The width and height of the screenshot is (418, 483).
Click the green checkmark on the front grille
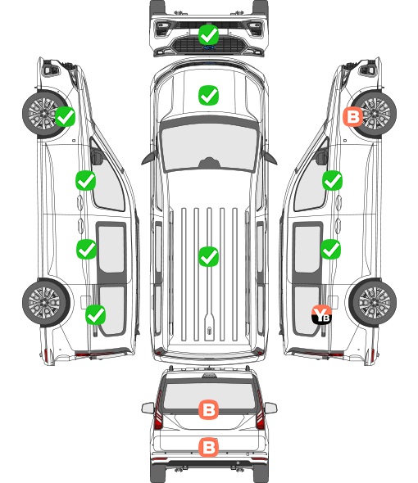point(209,35)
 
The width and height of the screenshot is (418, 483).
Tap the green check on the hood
point(208,95)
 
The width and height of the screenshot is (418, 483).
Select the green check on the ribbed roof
point(208,256)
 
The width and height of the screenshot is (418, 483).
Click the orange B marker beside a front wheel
point(353,117)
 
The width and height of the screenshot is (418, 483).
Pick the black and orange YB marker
point(321,314)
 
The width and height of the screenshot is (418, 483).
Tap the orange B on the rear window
point(208,409)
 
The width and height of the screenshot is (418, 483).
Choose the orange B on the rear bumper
point(208,447)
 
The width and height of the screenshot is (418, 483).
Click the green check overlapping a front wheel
point(65,116)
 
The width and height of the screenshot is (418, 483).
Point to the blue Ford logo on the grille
point(209,47)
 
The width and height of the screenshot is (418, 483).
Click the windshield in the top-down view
point(209,147)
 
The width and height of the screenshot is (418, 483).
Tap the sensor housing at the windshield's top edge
point(210,163)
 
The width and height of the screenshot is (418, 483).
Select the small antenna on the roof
point(209,330)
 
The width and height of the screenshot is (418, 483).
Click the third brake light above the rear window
point(209,375)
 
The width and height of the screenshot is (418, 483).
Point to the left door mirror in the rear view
point(148,408)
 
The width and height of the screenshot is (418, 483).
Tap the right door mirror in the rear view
point(270,408)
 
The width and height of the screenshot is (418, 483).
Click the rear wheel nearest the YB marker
point(373,303)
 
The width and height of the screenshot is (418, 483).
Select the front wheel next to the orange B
point(374,114)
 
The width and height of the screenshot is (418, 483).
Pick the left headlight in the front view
point(162,28)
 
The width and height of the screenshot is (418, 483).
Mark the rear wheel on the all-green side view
point(46,303)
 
